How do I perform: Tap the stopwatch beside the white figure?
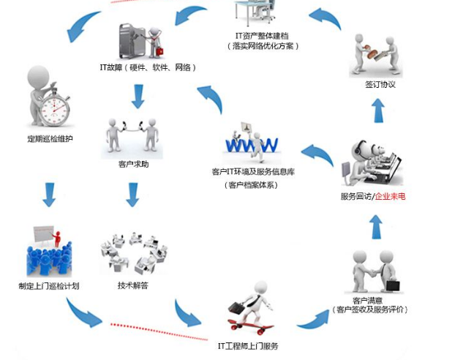click(54, 108)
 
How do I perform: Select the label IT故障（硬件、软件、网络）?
click(148, 67)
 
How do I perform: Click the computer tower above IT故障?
click(135, 40)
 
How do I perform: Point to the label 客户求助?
click(133, 164)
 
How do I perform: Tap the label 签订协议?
click(380, 84)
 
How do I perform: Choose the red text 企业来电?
click(394, 197)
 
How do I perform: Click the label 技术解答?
click(132, 285)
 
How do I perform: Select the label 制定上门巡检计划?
click(48, 285)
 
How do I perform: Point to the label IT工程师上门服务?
click(249, 345)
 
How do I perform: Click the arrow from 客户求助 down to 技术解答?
click(132, 195)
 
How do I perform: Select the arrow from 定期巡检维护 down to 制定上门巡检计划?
click(49, 195)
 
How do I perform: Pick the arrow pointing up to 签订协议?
click(378, 111)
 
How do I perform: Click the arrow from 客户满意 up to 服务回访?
click(375, 227)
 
